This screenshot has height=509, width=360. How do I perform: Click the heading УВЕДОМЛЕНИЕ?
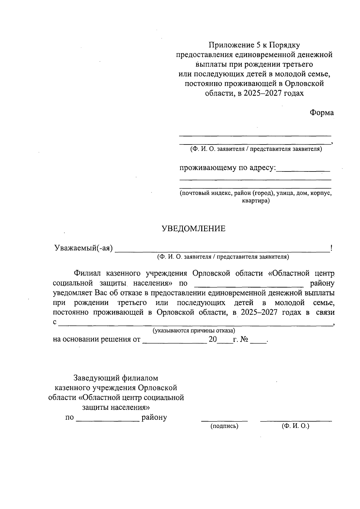[x=193, y=229]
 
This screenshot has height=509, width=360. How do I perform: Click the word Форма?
[x=322, y=113]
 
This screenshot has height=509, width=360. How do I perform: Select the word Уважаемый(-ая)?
[x=83, y=248]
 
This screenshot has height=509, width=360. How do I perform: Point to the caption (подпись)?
[x=224, y=426]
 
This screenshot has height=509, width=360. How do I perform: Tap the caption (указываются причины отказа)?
[x=194, y=331]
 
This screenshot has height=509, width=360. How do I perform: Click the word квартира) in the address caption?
[x=256, y=201]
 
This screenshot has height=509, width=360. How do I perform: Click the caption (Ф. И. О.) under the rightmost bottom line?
[x=295, y=426]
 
